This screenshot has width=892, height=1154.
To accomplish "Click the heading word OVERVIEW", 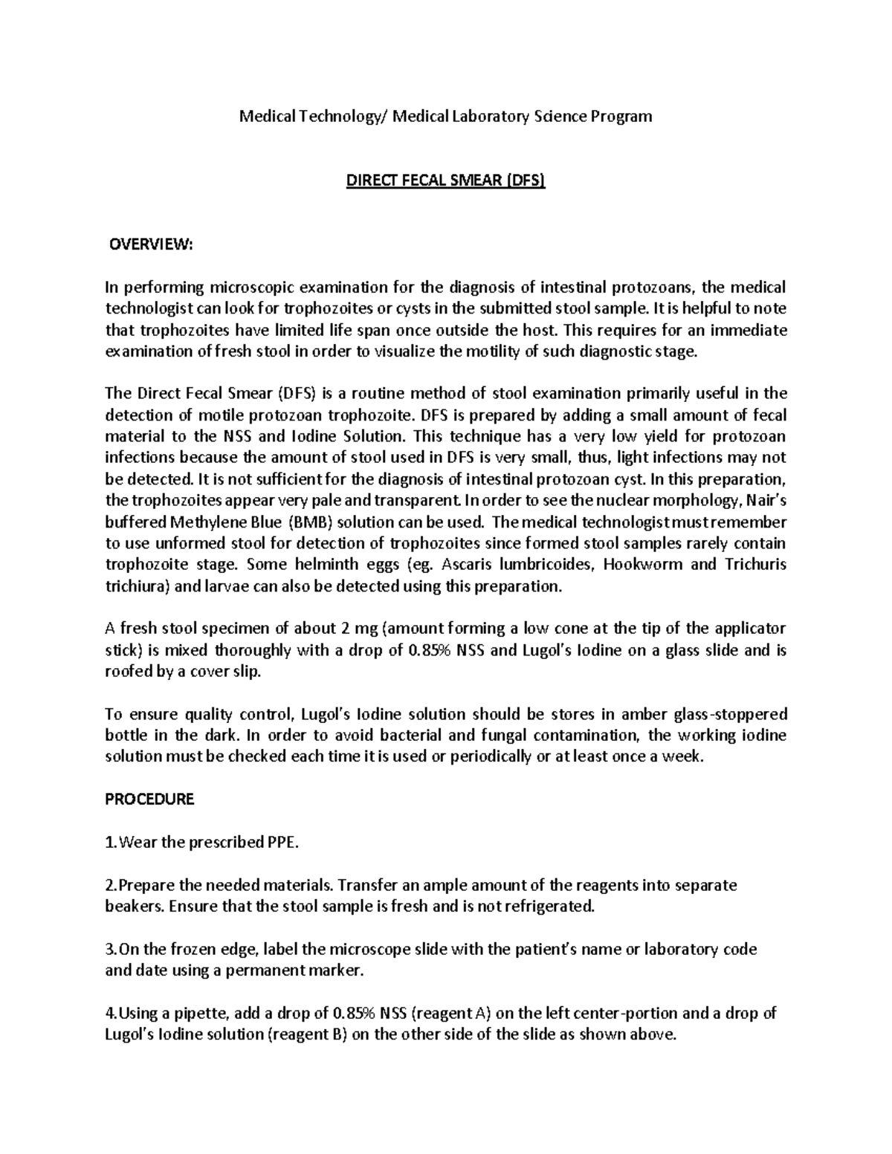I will click(x=151, y=245).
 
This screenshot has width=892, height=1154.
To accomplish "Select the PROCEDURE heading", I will click(x=149, y=799).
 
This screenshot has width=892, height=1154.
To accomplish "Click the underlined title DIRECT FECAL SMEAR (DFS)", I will click(x=445, y=181).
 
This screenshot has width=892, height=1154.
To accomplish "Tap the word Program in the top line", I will click(x=622, y=116).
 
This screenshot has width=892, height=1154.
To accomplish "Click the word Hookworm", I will click(x=643, y=564).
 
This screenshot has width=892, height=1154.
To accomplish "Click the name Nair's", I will click(x=761, y=500).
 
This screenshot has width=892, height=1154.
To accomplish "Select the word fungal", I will click(x=539, y=736).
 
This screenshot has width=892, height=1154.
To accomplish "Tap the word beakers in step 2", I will click(x=135, y=907).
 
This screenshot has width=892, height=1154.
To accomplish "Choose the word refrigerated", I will click(x=550, y=907).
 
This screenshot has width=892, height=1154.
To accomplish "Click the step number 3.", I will click(x=110, y=950).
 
